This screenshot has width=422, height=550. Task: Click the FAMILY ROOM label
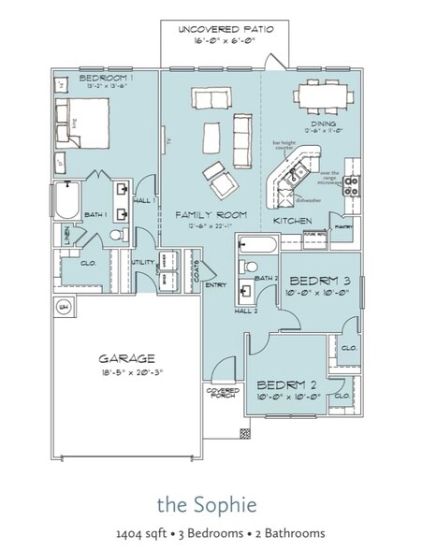211,215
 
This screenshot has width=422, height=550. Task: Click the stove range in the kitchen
352,184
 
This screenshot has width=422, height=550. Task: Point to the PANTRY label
342,226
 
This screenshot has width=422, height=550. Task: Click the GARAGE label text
127,358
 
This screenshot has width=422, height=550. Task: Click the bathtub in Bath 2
256,246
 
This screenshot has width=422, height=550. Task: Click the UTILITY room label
144,263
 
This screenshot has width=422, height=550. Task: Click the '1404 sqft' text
139,533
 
